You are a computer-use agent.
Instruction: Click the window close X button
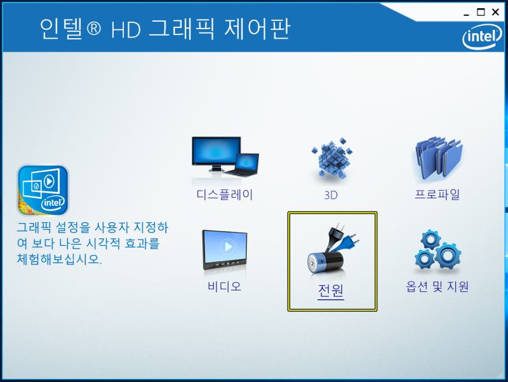point(495,12)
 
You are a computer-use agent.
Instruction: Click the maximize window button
point(481,12)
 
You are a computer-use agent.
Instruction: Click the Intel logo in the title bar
point(482,37)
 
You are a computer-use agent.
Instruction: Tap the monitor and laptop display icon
point(225,157)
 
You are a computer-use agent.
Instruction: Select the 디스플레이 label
point(225,194)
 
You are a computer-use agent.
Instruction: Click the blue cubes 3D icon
point(331,158)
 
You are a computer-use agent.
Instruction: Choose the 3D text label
point(331,195)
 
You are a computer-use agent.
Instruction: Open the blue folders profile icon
point(439,158)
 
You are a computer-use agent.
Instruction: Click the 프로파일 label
point(437,194)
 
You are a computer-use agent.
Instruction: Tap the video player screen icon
point(225,250)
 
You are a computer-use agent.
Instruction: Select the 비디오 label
point(225,286)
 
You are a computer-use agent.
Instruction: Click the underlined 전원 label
point(330,291)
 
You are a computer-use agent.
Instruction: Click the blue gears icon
point(438,250)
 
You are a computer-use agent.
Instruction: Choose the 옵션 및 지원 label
point(437,286)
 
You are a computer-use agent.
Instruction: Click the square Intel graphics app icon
point(43,190)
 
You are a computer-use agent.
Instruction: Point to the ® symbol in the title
point(93,28)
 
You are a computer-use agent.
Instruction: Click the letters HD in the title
point(126,30)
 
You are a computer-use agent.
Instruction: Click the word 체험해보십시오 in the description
point(59,259)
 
